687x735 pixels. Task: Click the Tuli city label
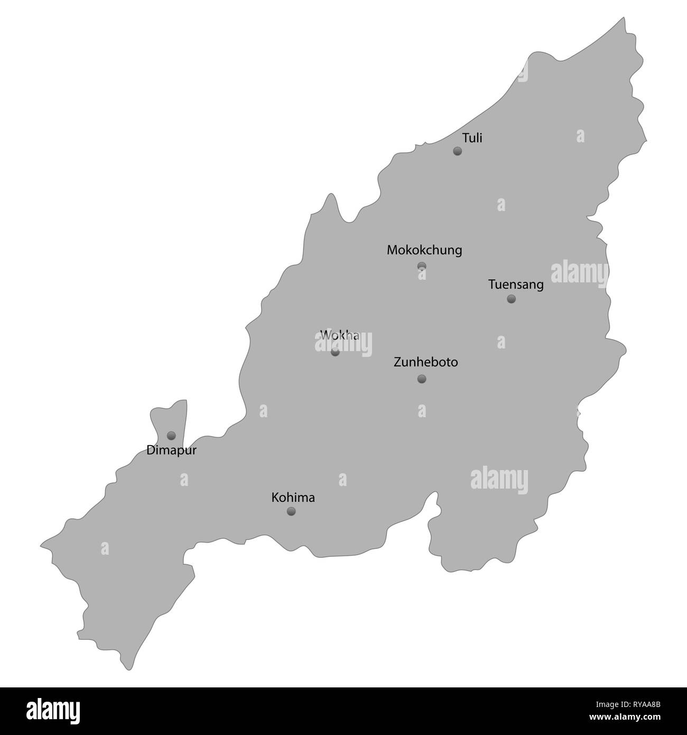click(x=472, y=138)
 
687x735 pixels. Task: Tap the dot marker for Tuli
click(x=458, y=151)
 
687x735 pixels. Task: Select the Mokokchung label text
click(x=424, y=250)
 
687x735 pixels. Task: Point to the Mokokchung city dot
click(x=422, y=266)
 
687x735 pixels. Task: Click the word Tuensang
click(x=516, y=284)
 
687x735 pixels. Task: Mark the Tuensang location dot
click(x=511, y=299)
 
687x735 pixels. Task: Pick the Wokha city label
click(x=340, y=335)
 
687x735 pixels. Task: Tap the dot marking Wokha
click(x=335, y=352)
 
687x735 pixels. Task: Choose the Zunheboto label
click(x=426, y=362)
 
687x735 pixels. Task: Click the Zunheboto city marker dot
click(x=422, y=379)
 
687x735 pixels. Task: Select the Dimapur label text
click(x=168, y=451)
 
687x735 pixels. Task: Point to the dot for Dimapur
click(x=171, y=436)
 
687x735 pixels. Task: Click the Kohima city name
click(x=293, y=498)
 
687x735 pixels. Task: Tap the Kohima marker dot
click(x=291, y=511)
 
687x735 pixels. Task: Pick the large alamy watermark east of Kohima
click(x=499, y=478)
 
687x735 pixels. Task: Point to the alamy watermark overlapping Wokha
click(x=343, y=345)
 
